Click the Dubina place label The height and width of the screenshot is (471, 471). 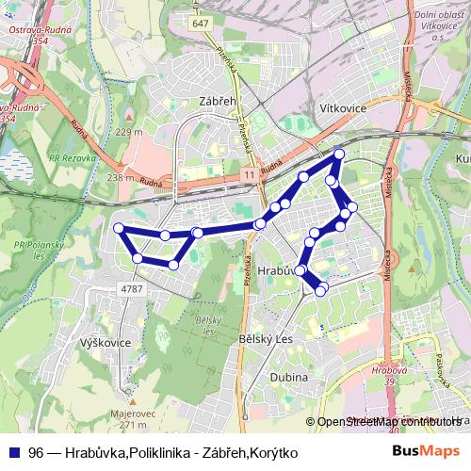pos(288,377)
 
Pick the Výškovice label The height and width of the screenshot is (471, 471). pos(106,342)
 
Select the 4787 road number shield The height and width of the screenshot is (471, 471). pos(132,288)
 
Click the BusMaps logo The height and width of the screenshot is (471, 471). pos(426,451)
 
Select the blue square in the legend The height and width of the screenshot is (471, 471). pos(13,452)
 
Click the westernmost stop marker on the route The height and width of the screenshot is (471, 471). pos(119,228)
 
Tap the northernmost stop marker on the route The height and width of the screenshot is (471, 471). pos(339,154)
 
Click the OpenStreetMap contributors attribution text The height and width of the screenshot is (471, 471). pos(386,422)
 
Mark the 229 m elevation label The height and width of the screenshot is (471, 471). pos(129,133)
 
